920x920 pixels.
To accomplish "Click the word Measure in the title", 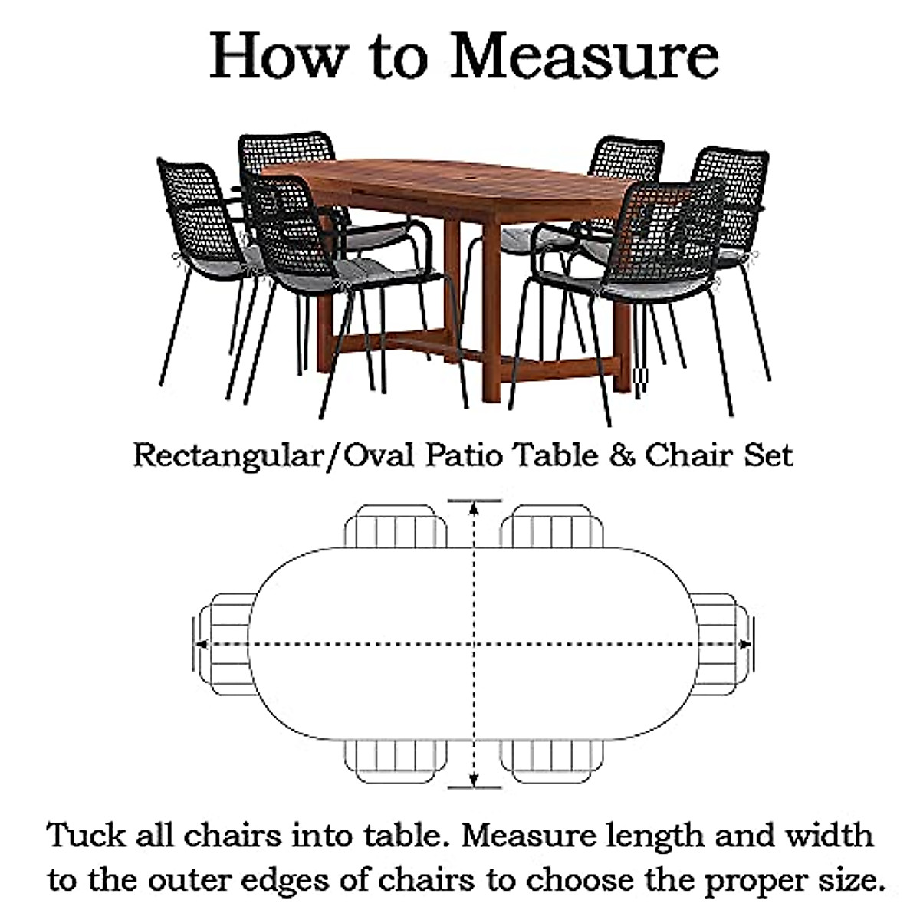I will tap(584, 55).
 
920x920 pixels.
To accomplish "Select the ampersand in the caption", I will tap(623, 455).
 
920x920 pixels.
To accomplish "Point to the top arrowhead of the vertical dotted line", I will tap(475, 508).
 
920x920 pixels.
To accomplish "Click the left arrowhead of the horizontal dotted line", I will tap(201, 644).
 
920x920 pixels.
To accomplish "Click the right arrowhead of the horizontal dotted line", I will tap(744, 644).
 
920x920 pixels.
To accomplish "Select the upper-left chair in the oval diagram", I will tap(396, 527).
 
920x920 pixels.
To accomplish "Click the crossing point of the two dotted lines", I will tap(475, 644).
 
